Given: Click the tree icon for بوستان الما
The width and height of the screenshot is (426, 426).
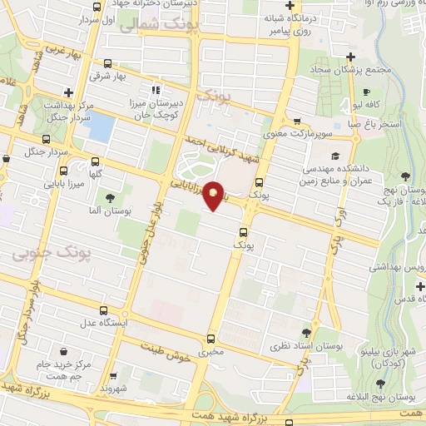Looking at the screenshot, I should [x=110, y=197].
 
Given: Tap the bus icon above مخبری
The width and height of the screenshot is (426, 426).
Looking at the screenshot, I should [x=211, y=339].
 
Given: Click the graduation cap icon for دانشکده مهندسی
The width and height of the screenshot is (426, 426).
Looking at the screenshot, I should [x=334, y=156].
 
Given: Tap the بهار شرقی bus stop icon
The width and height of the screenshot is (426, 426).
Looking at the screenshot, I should [x=108, y=63].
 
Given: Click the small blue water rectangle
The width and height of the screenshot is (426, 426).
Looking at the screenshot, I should [x=101, y=127].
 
